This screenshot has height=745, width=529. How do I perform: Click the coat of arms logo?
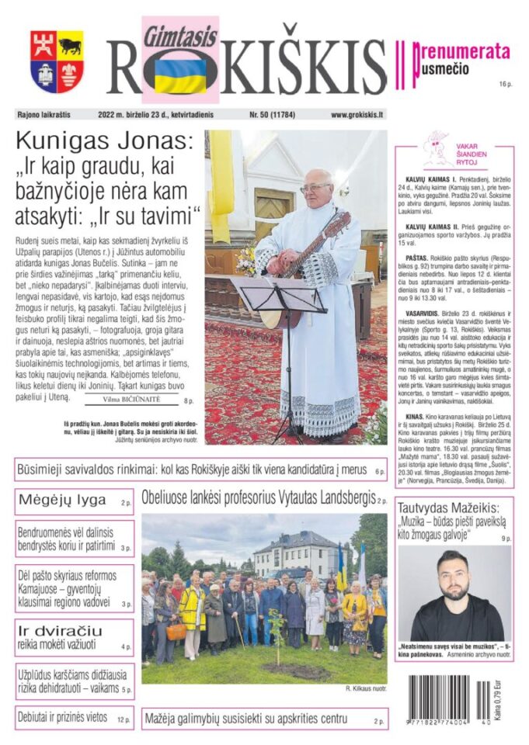(57, 61)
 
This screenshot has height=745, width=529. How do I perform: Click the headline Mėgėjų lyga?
(63, 501)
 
